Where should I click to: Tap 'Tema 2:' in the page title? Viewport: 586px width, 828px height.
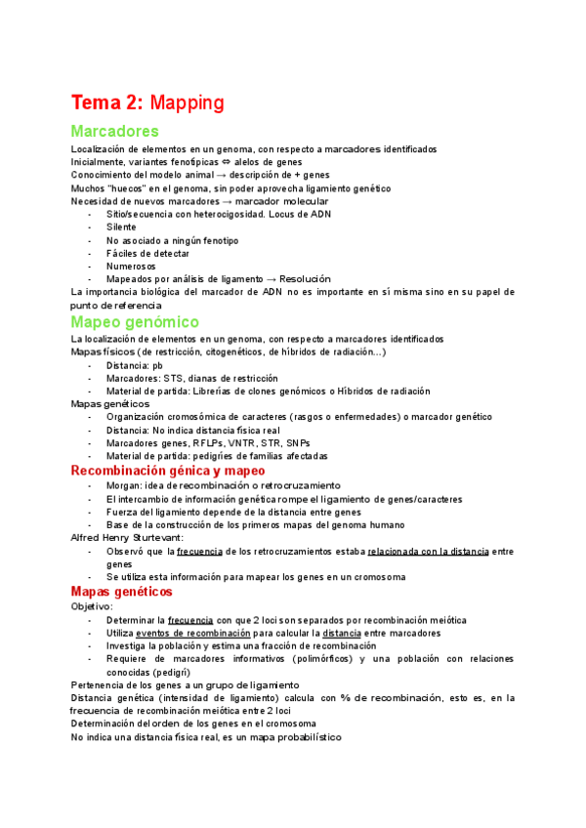coord(106,103)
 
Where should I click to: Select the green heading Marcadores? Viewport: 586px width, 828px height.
coord(115,131)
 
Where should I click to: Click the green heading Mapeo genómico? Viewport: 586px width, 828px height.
coord(135,321)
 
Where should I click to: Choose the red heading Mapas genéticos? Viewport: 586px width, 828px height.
coord(122,592)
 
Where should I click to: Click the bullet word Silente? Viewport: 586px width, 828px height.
coord(122,227)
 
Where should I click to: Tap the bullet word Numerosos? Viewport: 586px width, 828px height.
coord(130,265)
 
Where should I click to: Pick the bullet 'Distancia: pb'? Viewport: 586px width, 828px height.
coord(135,365)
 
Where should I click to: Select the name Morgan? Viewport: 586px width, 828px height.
coord(124,485)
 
